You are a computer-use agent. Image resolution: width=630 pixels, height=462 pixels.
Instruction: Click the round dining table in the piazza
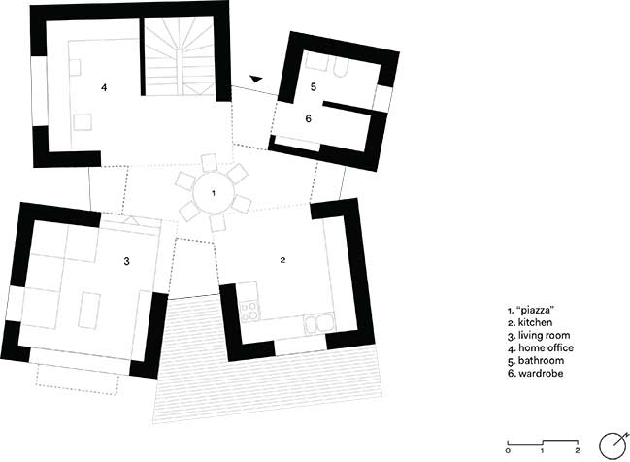214,193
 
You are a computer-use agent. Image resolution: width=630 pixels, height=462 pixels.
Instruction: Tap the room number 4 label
104,87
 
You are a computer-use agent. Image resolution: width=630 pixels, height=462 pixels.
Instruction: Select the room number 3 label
126,261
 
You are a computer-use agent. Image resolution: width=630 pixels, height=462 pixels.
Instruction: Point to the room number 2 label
282,260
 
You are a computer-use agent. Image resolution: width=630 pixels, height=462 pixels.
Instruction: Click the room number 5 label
314,86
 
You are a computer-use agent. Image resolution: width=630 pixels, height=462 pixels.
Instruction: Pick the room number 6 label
308,118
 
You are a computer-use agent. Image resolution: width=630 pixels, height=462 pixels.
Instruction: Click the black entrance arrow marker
255,79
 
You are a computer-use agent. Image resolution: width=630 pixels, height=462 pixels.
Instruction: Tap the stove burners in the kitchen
249,311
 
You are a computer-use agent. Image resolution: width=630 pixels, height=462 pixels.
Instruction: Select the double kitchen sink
318,323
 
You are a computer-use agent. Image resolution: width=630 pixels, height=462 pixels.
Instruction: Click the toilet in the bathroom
341,68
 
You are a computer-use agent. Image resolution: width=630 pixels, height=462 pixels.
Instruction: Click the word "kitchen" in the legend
535,322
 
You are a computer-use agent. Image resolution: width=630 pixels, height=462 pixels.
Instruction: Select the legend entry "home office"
546,347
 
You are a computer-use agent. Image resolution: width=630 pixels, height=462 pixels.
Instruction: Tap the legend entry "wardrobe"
541,374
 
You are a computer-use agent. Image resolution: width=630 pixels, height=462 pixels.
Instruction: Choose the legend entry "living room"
544,336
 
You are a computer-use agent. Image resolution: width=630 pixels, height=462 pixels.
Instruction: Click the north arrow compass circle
613,445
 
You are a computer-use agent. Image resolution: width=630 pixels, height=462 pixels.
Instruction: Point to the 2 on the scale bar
578,450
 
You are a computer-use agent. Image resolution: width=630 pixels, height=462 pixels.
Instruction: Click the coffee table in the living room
88,311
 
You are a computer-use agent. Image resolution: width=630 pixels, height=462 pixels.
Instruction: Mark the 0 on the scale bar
508,450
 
